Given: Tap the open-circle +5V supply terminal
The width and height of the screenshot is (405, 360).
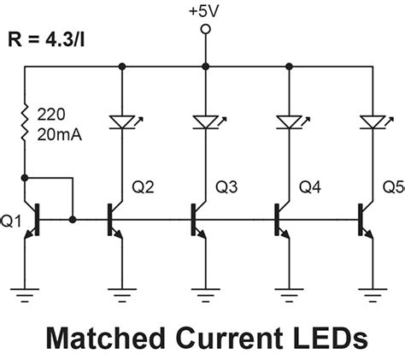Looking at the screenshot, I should click(204, 31).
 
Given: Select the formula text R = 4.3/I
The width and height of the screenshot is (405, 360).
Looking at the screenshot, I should click(53, 39).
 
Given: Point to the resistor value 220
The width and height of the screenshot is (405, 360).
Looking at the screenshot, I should click(51, 112).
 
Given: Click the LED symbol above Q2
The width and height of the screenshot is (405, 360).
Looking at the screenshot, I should click(124, 124).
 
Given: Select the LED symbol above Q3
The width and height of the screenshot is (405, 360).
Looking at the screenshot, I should click(205, 124).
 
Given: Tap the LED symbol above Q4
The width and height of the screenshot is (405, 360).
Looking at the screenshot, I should click(288, 124).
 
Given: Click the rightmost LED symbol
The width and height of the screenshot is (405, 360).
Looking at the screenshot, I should click(370, 124).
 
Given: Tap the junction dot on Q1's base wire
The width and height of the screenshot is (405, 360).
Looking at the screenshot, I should click(73, 220).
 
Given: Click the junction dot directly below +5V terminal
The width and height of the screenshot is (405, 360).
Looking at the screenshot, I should click(204, 65).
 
